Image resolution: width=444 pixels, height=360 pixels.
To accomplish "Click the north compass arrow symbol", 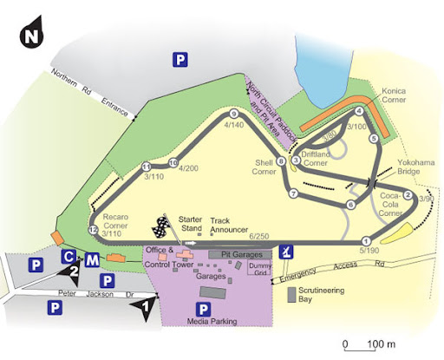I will coord(32,32).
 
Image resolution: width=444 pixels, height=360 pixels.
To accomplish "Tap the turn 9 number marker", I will coord(233,115).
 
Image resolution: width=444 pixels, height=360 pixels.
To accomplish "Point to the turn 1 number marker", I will coord(366,241).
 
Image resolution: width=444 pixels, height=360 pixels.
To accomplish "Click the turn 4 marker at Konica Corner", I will coord(359,112).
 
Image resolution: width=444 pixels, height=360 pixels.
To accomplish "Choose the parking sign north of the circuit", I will coord(180,59).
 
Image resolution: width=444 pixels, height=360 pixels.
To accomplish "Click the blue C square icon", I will coord(69,257).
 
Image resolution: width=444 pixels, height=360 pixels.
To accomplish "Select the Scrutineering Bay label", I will coord(323,295).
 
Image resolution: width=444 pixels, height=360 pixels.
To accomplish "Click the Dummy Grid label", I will coord(260,268).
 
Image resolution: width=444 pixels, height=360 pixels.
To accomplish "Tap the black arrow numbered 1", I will coord(147,306).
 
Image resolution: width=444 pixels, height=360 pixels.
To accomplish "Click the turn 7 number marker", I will coord(294,193).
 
